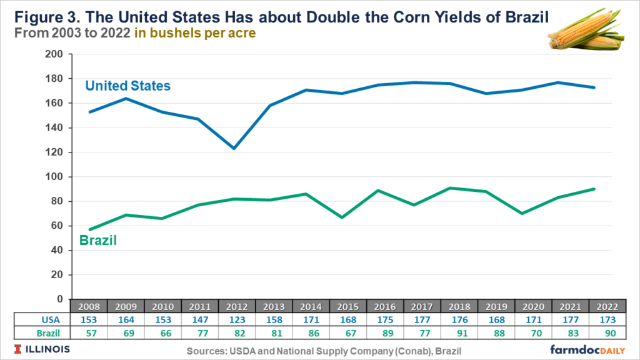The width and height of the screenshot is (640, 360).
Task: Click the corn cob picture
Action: click(586, 31)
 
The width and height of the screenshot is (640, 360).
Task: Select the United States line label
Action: click(127, 86)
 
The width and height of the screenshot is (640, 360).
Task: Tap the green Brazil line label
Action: click(98, 241)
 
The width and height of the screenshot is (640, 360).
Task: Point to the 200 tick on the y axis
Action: click(55, 54)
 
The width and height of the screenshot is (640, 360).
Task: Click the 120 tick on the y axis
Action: click(55, 152)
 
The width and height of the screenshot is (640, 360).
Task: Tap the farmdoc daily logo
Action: click(589, 348)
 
